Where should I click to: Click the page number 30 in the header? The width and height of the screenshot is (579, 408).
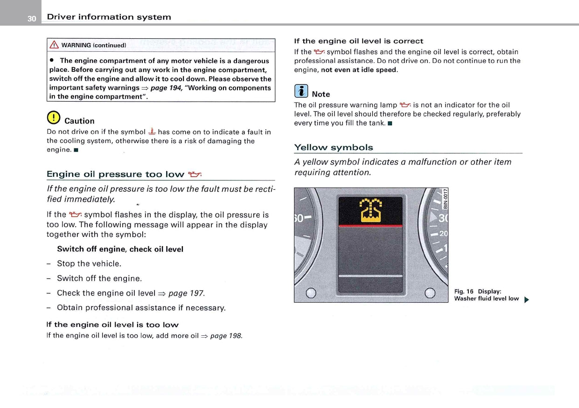(31, 19)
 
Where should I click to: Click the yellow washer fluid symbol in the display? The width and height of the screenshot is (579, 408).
(370, 210)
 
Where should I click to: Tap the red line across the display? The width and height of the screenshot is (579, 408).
(370, 226)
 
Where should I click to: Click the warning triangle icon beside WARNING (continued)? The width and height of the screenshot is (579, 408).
(54, 45)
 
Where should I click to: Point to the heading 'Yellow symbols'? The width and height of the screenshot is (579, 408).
(333, 147)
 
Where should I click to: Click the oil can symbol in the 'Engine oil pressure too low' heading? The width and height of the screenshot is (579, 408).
(194, 174)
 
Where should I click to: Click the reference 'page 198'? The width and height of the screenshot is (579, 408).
(226, 336)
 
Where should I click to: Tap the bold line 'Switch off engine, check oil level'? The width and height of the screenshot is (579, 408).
(120, 249)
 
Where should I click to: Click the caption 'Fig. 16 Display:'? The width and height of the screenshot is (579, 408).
(477, 291)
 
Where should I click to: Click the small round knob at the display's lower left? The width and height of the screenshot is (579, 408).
(311, 293)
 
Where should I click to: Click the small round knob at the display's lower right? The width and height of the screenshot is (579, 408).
(430, 293)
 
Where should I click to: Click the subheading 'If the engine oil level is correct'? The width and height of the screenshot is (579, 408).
(358, 41)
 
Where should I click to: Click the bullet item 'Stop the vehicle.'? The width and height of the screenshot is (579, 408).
(89, 263)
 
